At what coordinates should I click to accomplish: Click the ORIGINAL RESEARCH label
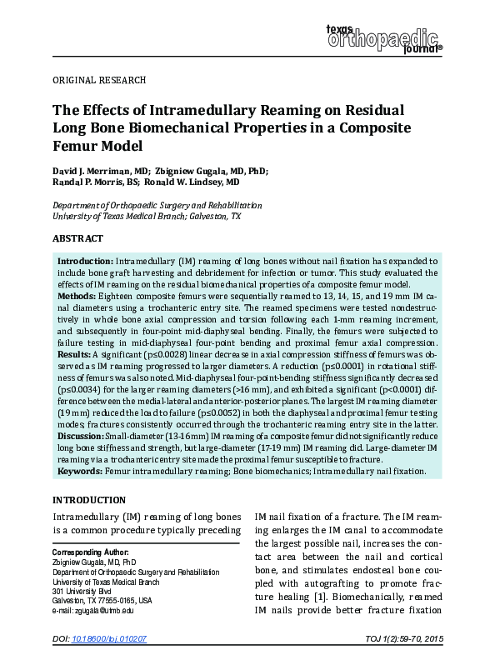99,80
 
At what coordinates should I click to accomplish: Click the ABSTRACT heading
77,238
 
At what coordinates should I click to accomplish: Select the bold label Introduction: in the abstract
85,261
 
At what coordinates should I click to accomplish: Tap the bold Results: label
74,354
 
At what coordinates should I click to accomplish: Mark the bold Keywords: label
80,471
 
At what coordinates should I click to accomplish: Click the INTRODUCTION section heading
90,501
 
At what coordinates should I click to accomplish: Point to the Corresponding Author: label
90,552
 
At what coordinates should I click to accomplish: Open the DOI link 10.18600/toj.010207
109,637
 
